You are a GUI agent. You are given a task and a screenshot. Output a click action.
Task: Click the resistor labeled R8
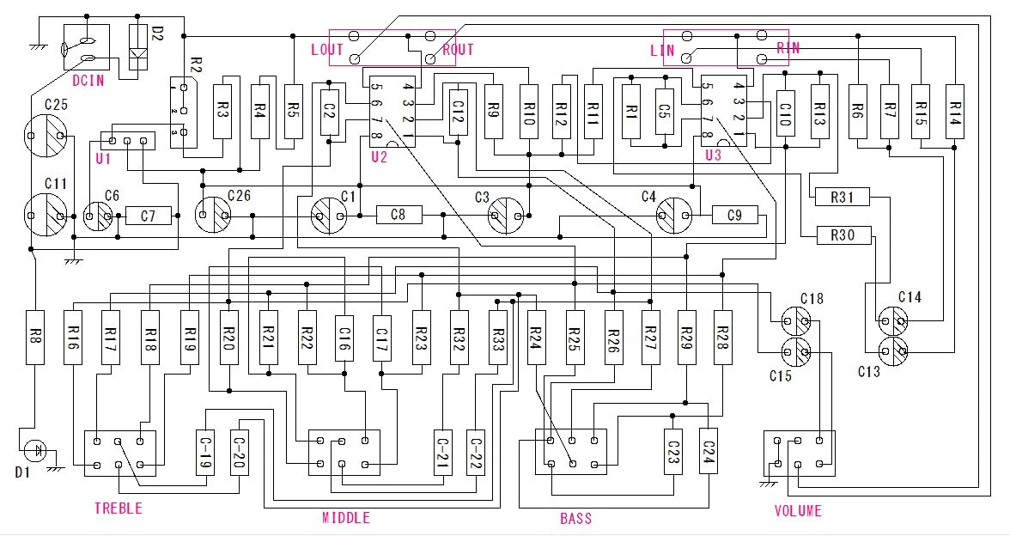pyautogui.click(x=34, y=337)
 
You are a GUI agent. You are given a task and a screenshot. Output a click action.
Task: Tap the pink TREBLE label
pyautogui.click(x=118, y=509)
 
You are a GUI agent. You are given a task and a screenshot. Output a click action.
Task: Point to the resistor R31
pyautogui.click(x=843, y=198)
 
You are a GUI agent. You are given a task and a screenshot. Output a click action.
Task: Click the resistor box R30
pyautogui.click(x=843, y=234)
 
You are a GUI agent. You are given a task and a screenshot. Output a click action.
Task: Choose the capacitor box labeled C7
pyautogui.click(x=149, y=216)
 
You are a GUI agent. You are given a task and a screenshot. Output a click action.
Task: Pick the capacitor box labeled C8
pyautogui.click(x=399, y=215)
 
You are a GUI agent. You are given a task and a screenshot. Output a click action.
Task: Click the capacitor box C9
pyautogui.click(x=734, y=215)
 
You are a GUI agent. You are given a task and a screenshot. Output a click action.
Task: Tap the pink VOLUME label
pyautogui.click(x=798, y=511)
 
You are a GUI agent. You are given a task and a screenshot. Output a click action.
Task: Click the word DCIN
pyautogui.click(x=88, y=82)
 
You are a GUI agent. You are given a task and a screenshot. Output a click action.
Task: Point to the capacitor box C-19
pyautogui.click(x=205, y=453)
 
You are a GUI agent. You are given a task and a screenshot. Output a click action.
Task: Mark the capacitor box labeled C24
pyautogui.click(x=709, y=451)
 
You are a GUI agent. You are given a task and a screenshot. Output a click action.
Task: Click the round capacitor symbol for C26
pyautogui.click(x=213, y=215)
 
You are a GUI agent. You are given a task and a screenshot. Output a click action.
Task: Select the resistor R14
pyautogui.click(x=956, y=109)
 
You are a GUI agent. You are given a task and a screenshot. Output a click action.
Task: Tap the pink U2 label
pyautogui.click(x=379, y=156)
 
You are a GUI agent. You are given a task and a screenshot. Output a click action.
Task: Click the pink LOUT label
pyautogui.click(x=326, y=49)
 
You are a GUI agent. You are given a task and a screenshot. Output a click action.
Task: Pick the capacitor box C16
pyautogui.click(x=344, y=336)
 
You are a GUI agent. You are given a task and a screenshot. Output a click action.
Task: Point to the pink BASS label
pyautogui.click(x=575, y=519)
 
